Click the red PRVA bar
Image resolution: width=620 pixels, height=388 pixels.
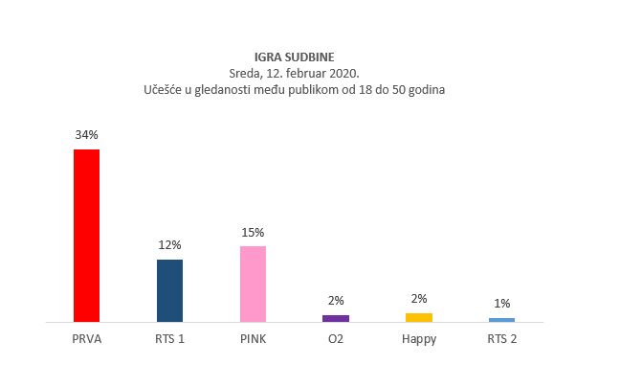tap(86, 236)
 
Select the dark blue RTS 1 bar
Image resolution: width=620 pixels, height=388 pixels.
tap(169, 290)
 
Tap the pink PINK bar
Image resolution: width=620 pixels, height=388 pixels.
tap(253, 284)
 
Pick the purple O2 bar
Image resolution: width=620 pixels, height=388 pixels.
tap(336, 317)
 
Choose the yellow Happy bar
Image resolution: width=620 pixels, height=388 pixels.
tap(419, 317)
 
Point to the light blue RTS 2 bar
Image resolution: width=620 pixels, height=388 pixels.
tap(501, 319)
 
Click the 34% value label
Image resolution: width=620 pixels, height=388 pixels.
tap(86, 135)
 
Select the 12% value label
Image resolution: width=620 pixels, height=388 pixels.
tap(169, 245)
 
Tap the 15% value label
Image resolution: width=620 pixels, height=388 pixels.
tap(253, 232)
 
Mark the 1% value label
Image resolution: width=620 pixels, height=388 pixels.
tap(501, 304)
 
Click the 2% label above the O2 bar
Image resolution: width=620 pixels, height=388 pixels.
tap(336, 300)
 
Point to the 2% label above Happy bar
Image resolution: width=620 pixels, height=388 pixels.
tap(419, 298)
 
